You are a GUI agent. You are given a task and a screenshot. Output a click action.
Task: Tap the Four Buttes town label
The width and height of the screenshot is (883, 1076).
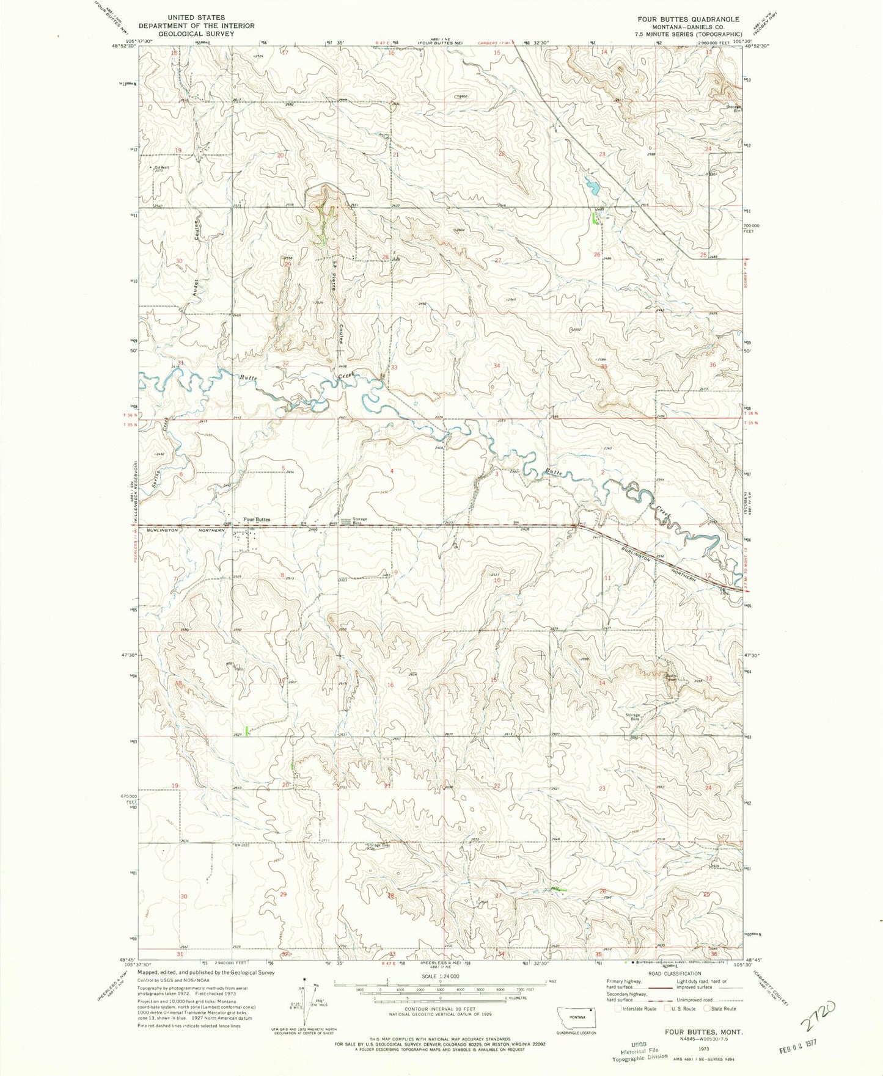point(257,520)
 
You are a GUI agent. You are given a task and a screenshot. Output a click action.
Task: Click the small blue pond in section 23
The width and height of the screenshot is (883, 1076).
point(591,184)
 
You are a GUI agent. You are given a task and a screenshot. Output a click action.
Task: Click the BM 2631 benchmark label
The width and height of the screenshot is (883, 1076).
point(243,845)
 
